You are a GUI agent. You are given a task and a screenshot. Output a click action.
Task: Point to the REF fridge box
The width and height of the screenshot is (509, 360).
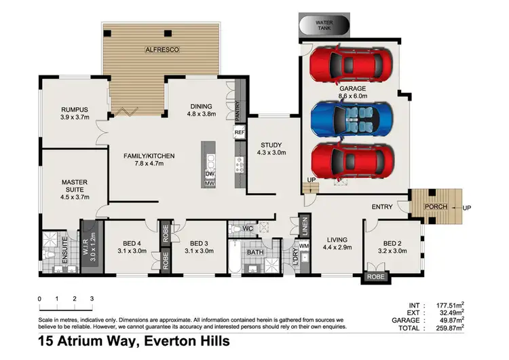(x=239, y=132)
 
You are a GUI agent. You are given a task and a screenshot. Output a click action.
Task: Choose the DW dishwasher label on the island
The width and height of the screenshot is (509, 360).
(x=210, y=174)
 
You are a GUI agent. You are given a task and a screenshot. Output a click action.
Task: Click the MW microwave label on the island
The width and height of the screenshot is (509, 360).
(x=210, y=183)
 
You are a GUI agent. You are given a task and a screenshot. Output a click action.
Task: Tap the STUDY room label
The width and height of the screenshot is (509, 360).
(x=271, y=145)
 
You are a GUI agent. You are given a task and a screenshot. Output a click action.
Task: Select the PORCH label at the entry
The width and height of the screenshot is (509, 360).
(x=434, y=206)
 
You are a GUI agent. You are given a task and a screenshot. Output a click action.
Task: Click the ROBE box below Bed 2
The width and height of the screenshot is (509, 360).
(x=375, y=277)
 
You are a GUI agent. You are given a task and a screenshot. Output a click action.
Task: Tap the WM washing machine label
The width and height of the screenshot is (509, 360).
(x=304, y=245)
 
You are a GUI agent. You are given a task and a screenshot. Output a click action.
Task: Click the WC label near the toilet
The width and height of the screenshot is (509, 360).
(x=248, y=228)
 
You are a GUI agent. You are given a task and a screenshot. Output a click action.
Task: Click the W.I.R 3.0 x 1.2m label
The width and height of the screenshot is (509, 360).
(x=91, y=247)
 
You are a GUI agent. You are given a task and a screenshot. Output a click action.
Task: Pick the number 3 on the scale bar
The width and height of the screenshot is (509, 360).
(x=91, y=299)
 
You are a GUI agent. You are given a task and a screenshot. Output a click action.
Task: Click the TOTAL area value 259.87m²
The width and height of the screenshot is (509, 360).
(x=449, y=327)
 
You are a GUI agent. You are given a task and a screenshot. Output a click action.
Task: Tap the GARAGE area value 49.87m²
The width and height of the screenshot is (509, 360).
(x=450, y=320)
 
